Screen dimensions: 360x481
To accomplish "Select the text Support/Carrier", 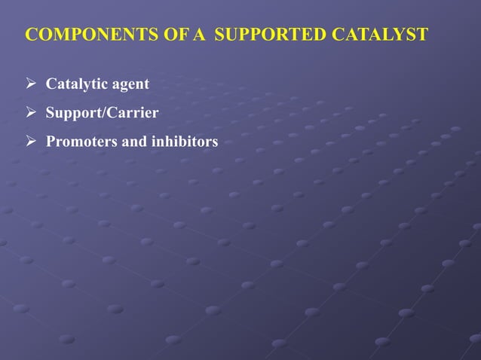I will (102, 114).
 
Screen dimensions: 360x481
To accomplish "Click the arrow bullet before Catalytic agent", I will (32, 84).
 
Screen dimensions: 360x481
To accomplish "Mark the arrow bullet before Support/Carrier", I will (32, 113).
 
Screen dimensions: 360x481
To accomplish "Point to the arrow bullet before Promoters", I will (32, 142).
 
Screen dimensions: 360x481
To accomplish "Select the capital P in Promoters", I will (51, 142).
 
